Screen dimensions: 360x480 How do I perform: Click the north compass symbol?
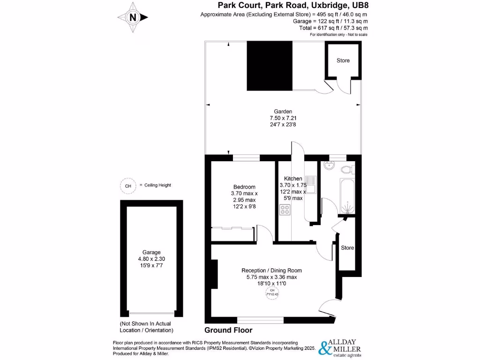pyautogui.click(x=133, y=17)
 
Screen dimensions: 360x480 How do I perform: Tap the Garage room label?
pyautogui.click(x=151, y=252)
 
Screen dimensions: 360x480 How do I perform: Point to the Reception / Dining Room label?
pyautogui.click(x=271, y=270)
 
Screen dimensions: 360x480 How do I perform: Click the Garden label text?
pyautogui.click(x=283, y=112)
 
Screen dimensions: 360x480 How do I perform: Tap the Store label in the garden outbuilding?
pyautogui.click(x=343, y=60)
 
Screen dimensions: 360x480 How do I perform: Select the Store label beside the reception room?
pyautogui.click(x=347, y=248)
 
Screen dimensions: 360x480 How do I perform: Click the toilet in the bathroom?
pyautogui.click(x=347, y=168)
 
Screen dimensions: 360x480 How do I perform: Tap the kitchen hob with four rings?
pyautogui.click(x=285, y=210)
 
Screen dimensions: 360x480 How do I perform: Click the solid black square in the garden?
pyautogui.click(x=270, y=65)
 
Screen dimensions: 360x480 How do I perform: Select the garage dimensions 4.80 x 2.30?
pyautogui.click(x=151, y=259)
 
